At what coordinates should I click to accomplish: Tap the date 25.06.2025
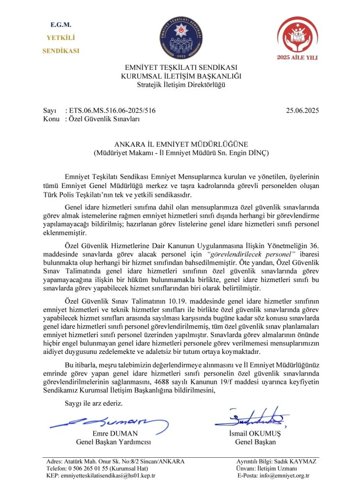pos(302,111)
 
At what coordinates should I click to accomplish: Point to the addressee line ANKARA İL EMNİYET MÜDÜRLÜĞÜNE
pos(181,144)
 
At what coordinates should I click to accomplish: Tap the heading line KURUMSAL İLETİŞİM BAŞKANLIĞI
pos(181,76)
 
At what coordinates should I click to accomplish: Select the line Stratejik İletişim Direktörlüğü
pos(181,85)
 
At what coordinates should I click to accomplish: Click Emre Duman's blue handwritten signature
pos(109,422)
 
